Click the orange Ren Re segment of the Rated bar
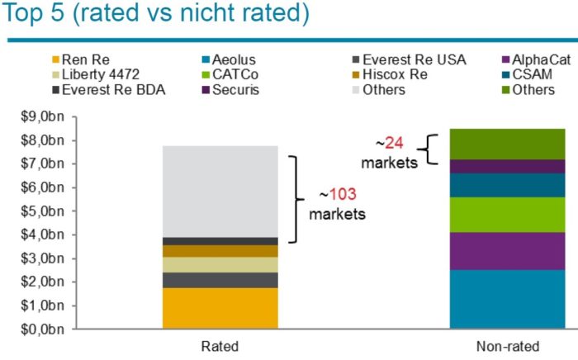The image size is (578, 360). pyautogui.click(x=220, y=308)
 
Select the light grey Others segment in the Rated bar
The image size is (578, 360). pyautogui.click(x=220, y=191)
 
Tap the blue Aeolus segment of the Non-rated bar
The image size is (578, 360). pyautogui.click(x=495, y=299)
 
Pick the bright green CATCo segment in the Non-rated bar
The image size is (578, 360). pyautogui.click(x=495, y=215)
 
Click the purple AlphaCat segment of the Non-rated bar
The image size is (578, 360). pyautogui.click(x=495, y=251)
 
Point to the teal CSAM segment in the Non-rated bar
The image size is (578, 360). pyautogui.click(x=495, y=185)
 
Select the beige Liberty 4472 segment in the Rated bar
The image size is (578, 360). pyautogui.click(x=220, y=264)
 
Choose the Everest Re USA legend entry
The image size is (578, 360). pyautogui.click(x=412, y=59)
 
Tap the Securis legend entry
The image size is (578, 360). pyautogui.click(x=235, y=89)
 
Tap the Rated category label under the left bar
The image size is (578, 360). pyautogui.click(x=220, y=345)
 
